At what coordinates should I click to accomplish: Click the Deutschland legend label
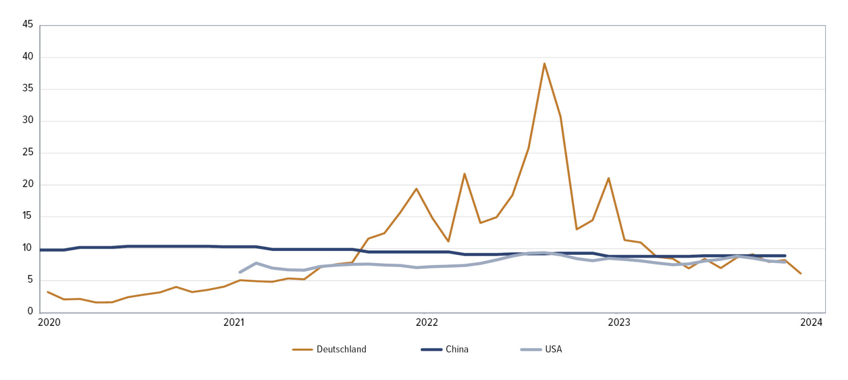pyautogui.click(x=341, y=349)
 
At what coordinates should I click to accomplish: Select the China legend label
pyautogui.click(x=457, y=349)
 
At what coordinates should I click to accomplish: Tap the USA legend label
pyautogui.click(x=553, y=349)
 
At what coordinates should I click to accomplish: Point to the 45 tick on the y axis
pyautogui.click(x=28, y=24)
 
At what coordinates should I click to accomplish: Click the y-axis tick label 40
pyautogui.click(x=28, y=56)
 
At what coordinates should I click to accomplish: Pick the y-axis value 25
pyautogui.click(x=28, y=152)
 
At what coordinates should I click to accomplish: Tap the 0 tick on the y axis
pyautogui.click(x=30, y=312)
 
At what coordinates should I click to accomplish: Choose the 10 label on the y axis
pyautogui.click(x=28, y=248)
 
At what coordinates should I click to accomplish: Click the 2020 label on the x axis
pyautogui.click(x=49, y=323)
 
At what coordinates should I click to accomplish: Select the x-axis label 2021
pyautogui.click(x=234, y=323)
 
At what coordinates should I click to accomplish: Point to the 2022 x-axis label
pyautogui.click(x=427, y=323)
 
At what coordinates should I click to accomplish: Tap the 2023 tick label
pyautogui.click(x=619, y=323)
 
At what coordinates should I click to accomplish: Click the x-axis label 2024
pyautogui.click(x=811, y=323)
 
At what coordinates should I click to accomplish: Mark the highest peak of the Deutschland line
pyautogui.click(x=544, y=64)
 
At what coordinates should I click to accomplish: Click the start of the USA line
pyautogui.click(x=240, y=272)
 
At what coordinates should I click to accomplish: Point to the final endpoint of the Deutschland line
pyautogui.click(x=800, y=273)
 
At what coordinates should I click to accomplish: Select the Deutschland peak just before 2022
pyautogui.click(x=416, y=188)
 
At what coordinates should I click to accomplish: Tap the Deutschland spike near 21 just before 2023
pyautogui.click(x=608, y=178)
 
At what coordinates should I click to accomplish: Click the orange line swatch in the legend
pyautogui.click(x=302, y=350)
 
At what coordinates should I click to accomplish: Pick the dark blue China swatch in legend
pyautogui.click(x=431, y=350)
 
